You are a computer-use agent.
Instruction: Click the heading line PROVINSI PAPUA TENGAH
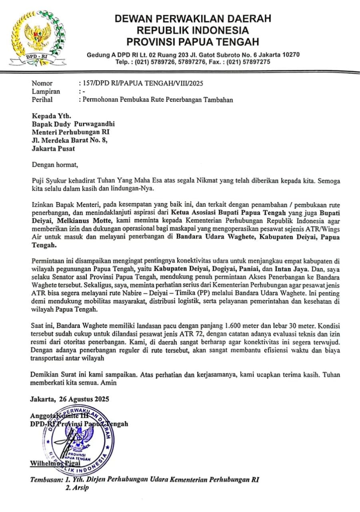coord(192,41)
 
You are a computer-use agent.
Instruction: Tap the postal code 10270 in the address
coord(290,55)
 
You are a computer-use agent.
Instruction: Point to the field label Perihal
coord(42,100)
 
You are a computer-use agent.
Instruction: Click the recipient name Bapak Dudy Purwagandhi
coord(74,124)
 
